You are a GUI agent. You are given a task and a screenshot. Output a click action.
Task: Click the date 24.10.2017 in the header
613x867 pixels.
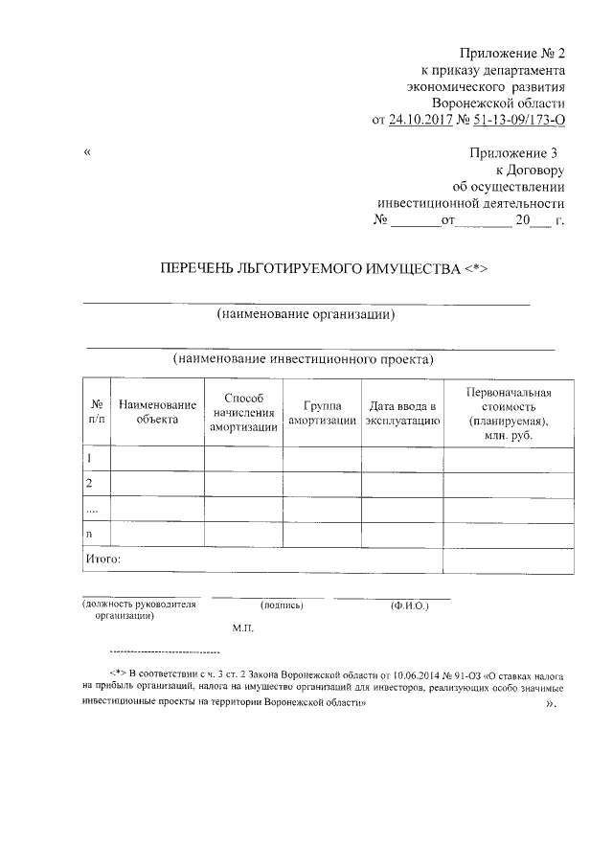pyautogui.click(x=422, y=120)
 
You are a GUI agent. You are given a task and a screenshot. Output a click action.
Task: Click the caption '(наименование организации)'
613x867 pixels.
pyautogui.click(x=306, y=315)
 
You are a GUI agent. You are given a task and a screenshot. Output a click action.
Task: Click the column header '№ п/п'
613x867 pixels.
pyautogui.click(x=97, y=412)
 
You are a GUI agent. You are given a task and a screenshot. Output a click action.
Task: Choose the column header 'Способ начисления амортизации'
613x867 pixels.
pyautogui.click(x=243, y=412)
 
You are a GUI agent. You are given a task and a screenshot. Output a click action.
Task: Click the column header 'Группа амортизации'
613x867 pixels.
pyautogui.click(x=323, y=413)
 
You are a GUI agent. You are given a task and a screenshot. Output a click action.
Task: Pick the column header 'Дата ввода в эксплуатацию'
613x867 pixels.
pyautogui.click(x=402, y=413)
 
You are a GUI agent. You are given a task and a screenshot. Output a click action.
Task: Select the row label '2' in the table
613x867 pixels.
pyautogui.click(x=89, y=483)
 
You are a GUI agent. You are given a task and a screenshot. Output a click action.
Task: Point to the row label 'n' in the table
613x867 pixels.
pyautogui.click(x=89, y=533)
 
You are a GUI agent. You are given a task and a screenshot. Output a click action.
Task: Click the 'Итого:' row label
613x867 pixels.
pyautogui.click(x=102, y=558)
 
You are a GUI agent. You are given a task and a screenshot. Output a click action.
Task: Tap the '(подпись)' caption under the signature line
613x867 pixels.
pyautogui.click(x=281, y=605)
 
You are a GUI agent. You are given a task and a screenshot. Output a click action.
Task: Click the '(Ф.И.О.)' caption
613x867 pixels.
pyautogui.click(x=410, y=605)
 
